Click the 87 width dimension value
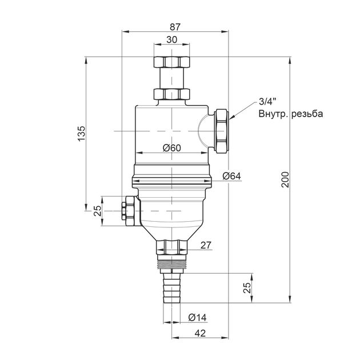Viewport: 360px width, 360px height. [x=175, y=27]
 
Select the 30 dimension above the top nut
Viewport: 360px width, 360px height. [x=172, y=40]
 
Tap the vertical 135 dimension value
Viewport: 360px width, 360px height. [x=81, y=133]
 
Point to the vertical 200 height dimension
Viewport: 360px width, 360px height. [x=285, y=179]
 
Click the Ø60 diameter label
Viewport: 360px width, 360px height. [x=172, y=148]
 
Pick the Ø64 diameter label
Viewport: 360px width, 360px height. [x=231, y=176]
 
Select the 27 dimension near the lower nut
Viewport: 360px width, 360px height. [x=206, y=246]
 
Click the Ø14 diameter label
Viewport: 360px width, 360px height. [x=198, y=318]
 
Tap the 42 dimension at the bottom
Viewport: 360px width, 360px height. [x=200, y=333]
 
